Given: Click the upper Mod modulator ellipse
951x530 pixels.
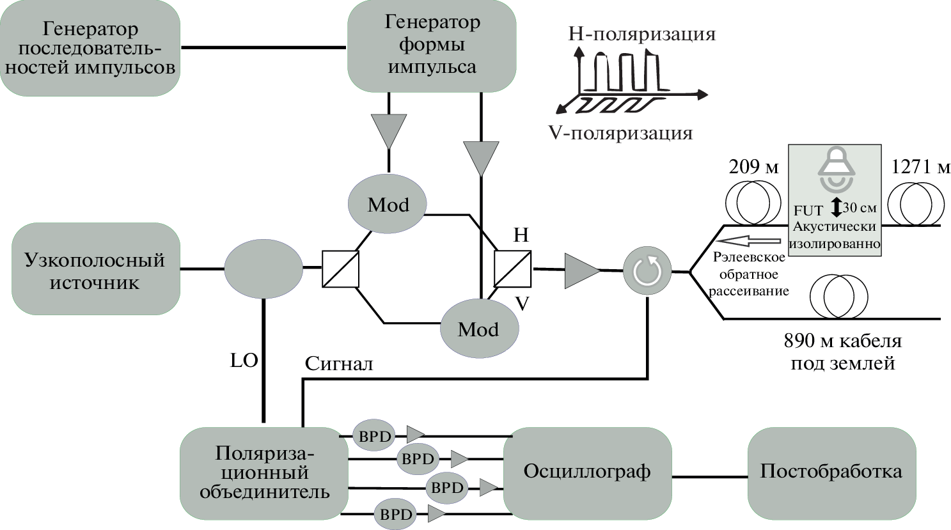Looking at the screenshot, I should coord(388,205).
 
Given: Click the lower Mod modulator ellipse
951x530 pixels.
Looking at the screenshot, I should coord(479,329).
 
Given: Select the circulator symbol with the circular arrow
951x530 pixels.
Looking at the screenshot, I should coord(647,271).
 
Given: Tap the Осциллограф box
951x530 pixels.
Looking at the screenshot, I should coord(587,472).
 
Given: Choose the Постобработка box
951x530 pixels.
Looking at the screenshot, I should coord(831,472).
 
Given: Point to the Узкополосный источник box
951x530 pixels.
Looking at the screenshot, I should coord(95,269).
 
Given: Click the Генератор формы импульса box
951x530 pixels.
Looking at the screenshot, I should coord(432,45).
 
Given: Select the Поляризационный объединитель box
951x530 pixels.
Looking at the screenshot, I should coord(264,472).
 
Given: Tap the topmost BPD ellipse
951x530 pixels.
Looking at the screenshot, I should coord(374,436).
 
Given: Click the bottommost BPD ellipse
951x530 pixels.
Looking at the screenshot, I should coord(396,514).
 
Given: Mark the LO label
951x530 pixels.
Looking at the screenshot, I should coord(244,361).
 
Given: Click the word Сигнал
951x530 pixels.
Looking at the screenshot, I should coord(338,364).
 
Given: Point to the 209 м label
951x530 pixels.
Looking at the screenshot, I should coord(753,168).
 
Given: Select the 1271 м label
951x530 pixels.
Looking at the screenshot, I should coord(920,167).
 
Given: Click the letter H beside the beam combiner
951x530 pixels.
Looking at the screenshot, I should coord(521,235).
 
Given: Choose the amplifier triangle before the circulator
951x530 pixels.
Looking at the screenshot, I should coord(581,270).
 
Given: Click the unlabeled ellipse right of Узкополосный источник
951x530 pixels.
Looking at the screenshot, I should coord(263,269).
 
